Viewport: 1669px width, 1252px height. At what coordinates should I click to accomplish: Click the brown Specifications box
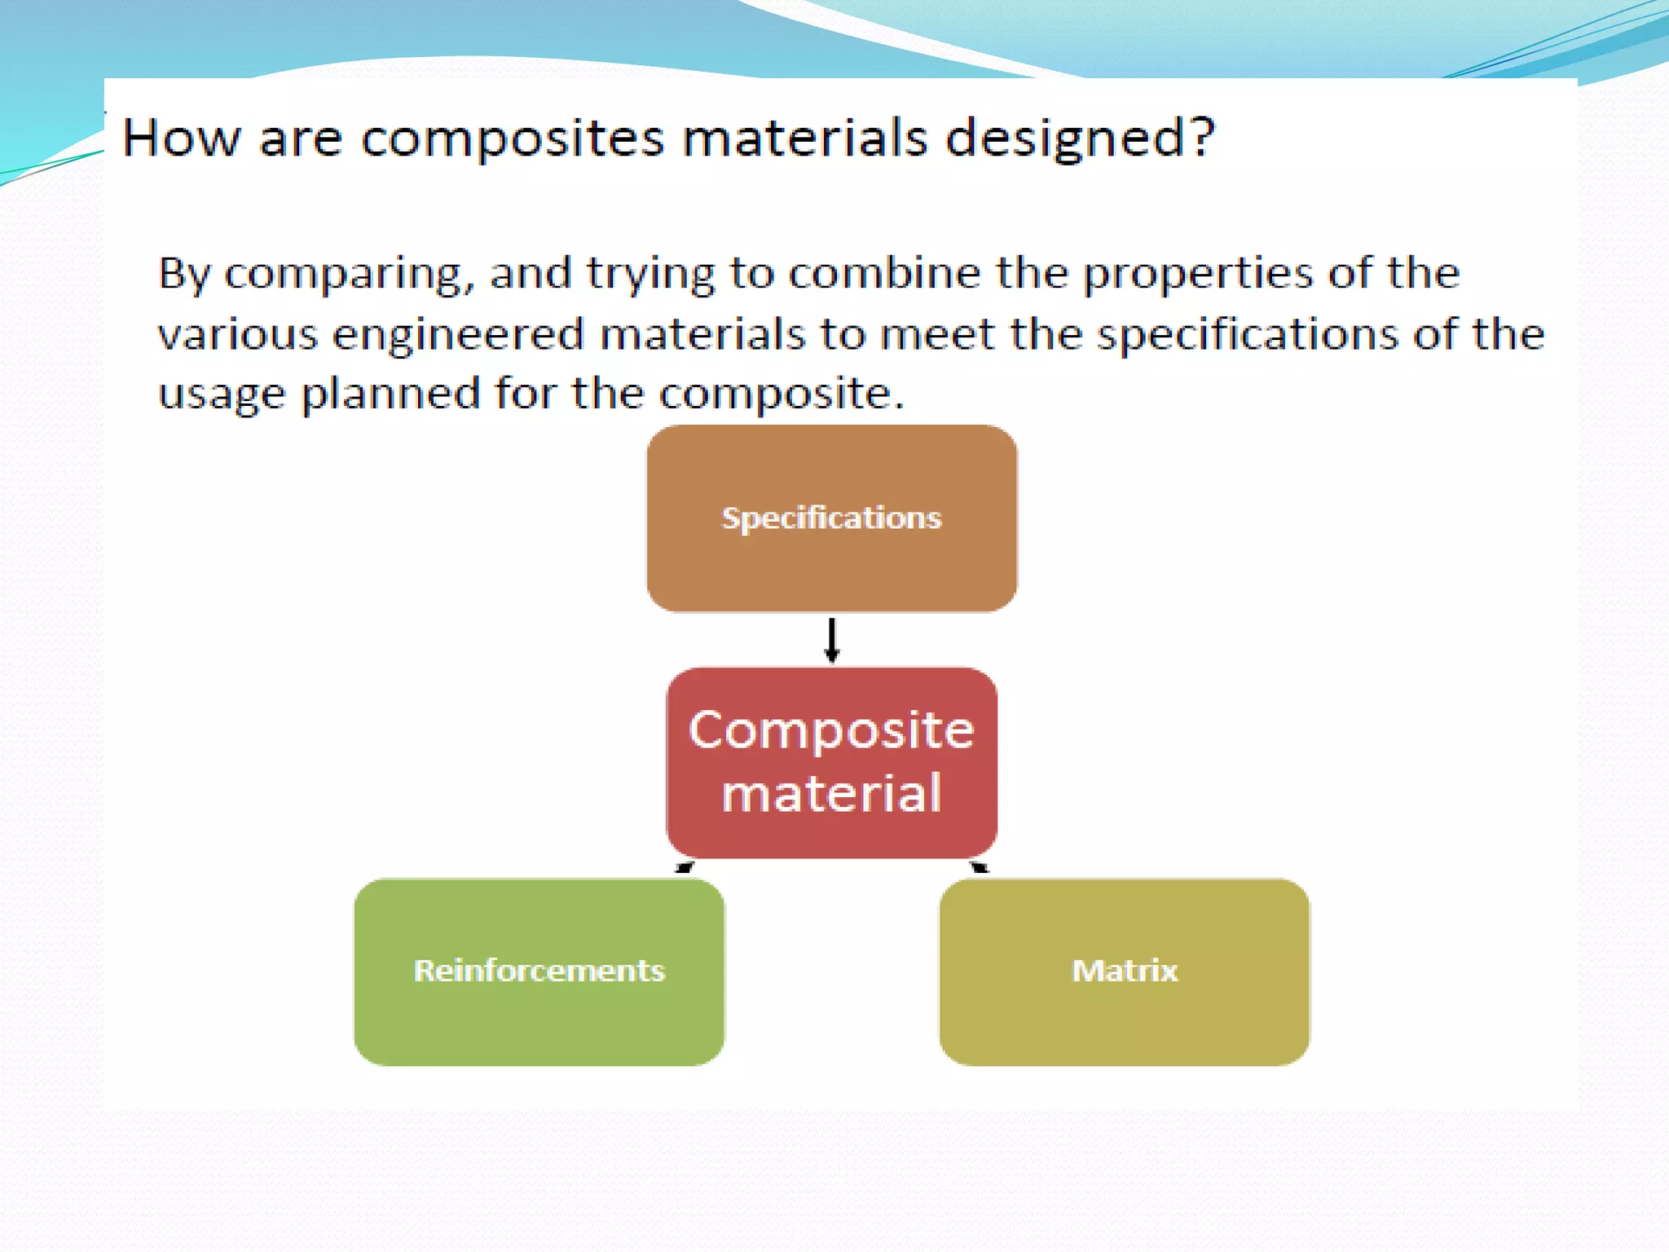pyautogui.click(x=831, y=518)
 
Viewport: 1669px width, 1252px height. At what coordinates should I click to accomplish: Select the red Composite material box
pyautogui.click(x=831, y=762)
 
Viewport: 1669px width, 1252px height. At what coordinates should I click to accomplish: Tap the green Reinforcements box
pyautogui.click(x=539, y=972)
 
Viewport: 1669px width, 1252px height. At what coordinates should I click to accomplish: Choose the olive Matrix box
pyautogui.click(x=1124, y=972)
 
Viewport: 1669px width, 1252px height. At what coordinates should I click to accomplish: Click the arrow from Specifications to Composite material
pyautogui.click(x=831, y=640)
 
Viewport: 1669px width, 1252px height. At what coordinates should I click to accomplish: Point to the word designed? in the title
pyautogui.click(x=1080, y=139)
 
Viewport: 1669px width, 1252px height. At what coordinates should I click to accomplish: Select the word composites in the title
pyautogui.click(x=512, y=139)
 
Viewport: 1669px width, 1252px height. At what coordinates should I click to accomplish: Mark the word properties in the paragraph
pyautogui.click(x=1197, y=275)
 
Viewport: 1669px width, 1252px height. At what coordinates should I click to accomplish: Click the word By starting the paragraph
pyautogui.click(x=184, y=275)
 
